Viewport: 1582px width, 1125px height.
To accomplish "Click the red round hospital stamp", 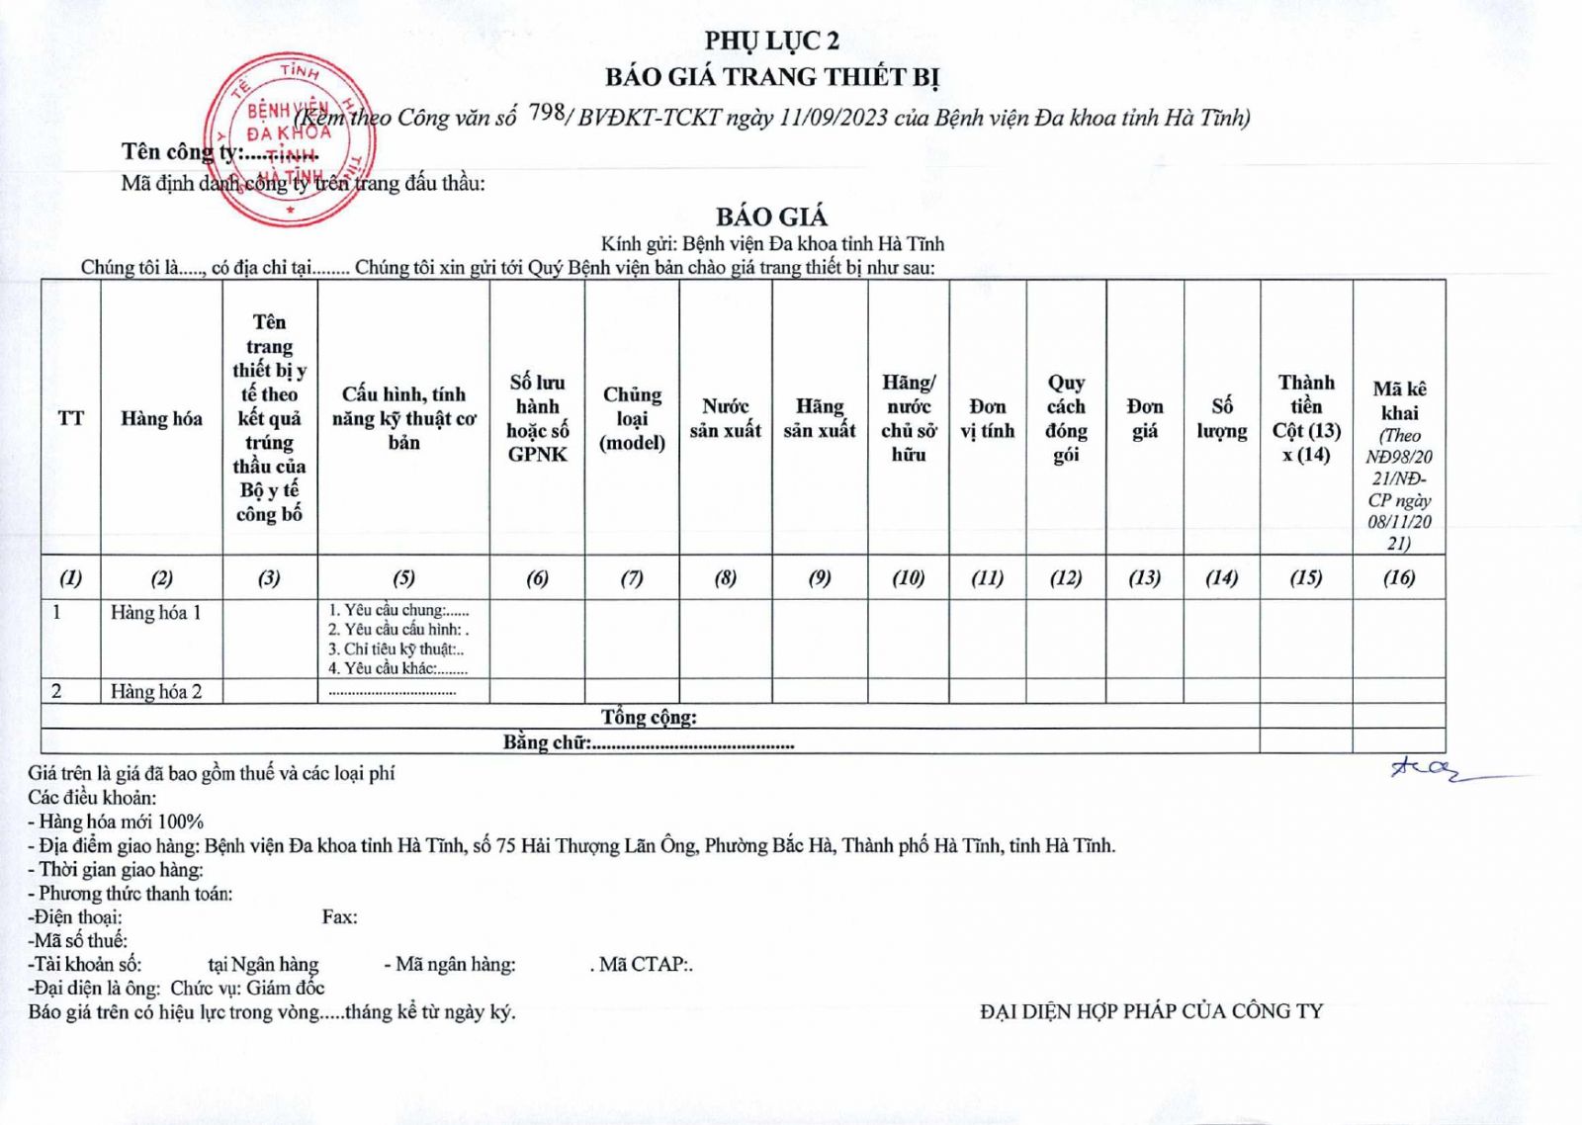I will [x=289, y=138].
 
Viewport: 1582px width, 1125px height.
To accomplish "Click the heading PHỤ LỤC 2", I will [x=771, y=41].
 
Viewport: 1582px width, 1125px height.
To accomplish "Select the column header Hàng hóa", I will [x=161, y=419].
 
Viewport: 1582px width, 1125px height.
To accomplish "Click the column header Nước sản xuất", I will [x=725, y=418].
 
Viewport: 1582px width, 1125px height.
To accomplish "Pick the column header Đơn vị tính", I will [x=987, y=418].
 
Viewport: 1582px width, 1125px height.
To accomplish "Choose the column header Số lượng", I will [x=1221, y=418].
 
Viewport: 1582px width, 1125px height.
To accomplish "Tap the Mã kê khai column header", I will [x=1399, y=400].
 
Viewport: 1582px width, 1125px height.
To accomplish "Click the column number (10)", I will [x=908, y=577].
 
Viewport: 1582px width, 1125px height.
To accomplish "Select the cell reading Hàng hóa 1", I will [x=156, y=613].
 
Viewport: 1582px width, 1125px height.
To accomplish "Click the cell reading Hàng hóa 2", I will [x=156, y=692].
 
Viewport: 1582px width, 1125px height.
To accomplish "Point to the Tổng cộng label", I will [x=649, y=717].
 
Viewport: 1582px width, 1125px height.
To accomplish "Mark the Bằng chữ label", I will [x=547, y=742].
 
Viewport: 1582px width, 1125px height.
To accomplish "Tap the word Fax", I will [x=339, y=917].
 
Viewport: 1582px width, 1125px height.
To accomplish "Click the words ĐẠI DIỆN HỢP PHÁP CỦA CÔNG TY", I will [x=1151, y=1011].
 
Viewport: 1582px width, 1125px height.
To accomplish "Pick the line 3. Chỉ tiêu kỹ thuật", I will [x=396, y=649].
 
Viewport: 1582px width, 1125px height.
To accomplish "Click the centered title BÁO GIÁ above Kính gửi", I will [x=771, y=216].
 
